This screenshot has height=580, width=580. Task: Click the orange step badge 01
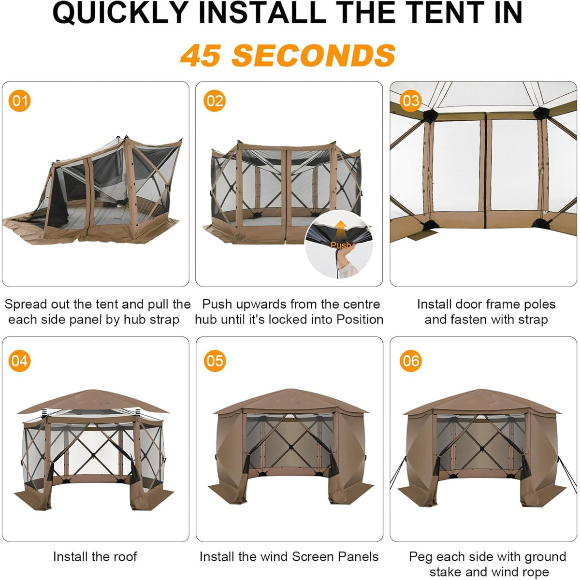20,101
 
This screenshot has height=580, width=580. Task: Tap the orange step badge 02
214,101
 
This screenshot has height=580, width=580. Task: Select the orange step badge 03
410,101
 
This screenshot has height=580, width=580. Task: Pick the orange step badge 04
20,361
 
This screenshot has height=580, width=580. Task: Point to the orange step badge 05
214,361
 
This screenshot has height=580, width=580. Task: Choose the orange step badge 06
410,361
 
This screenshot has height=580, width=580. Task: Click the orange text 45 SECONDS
289,55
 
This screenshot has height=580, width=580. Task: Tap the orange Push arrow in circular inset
341,227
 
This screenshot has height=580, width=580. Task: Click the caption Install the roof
95,557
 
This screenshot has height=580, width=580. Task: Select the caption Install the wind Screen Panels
289,557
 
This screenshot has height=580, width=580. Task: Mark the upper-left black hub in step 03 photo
429,115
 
